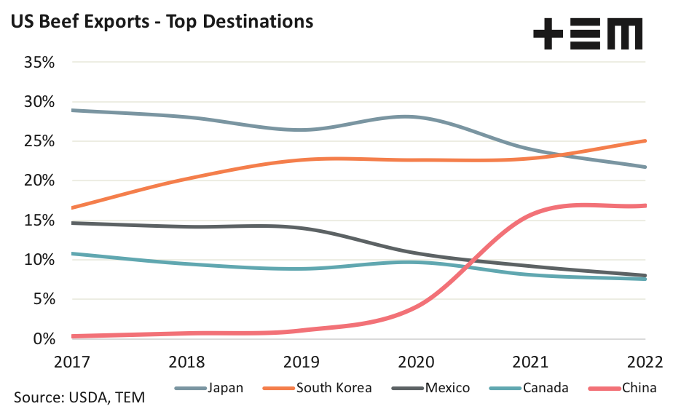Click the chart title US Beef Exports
(x=161, y=21)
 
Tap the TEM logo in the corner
(x=588, y=34)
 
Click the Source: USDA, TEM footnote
(x=79, y=397)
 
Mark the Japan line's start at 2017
(x=73, y=111)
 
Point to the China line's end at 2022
(x=645, y=206)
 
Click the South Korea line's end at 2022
(x=645, y=141)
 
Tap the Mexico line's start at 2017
(x=73, y=223)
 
